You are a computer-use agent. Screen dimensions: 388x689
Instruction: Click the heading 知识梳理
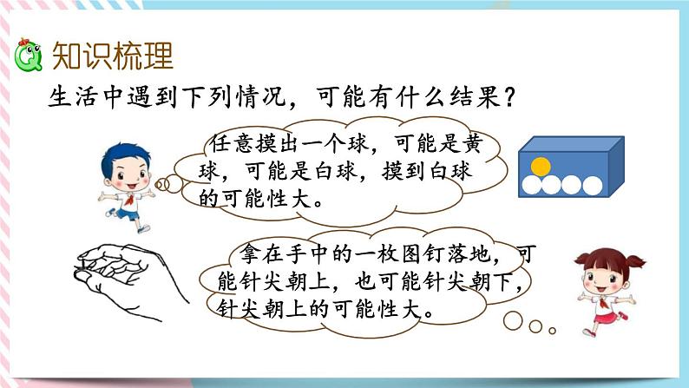pos(113,55)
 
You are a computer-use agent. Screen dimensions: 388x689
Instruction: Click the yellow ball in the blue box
pos(541,165)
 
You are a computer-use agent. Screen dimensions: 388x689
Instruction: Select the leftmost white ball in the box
pos(531,184)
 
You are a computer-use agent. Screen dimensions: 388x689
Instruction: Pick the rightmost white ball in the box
pos(594,184)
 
